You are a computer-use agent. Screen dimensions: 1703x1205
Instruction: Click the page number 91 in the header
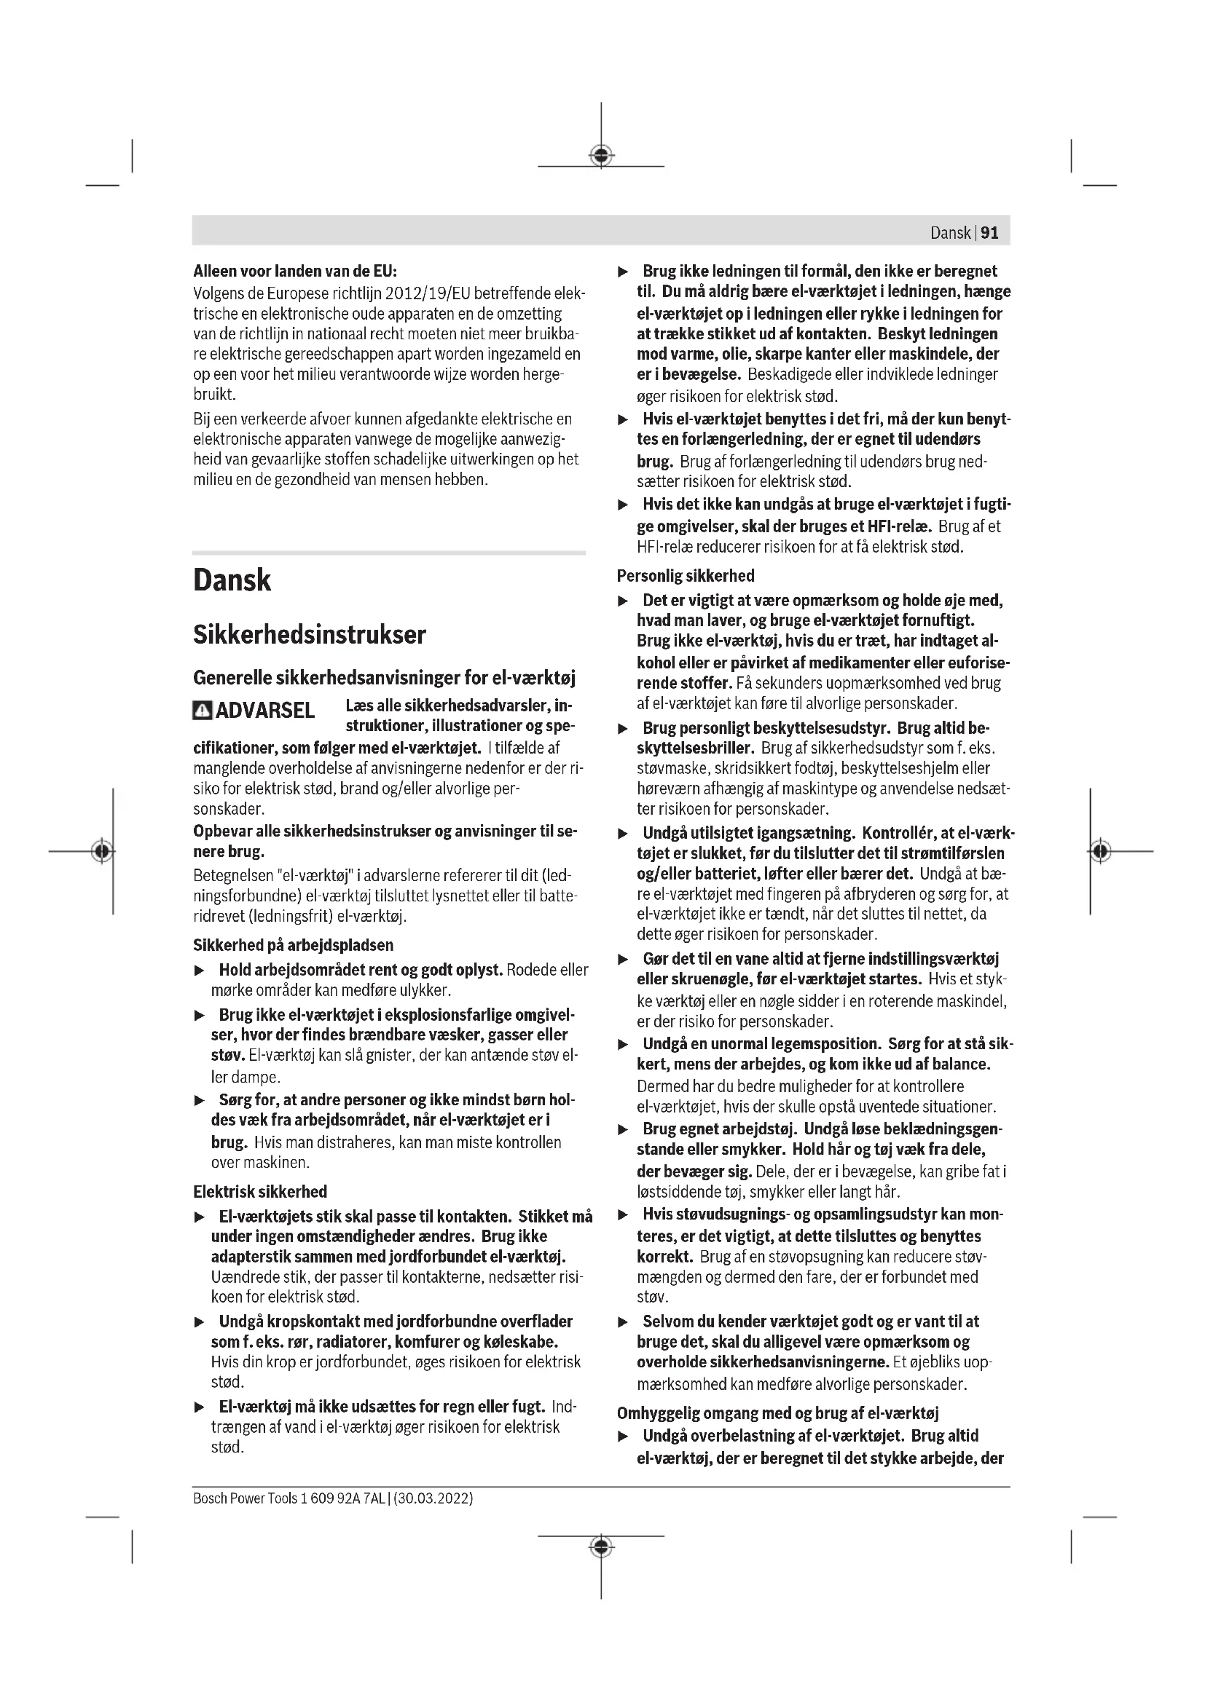click(990, 233)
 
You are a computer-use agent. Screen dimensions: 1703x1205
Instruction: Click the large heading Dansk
click(232, 580)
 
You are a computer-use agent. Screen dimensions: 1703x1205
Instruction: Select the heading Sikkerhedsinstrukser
click(310, 635)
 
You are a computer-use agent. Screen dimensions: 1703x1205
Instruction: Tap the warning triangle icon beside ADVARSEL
click(201, 711)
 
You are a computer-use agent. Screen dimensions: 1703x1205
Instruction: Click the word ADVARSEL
click(265, 711)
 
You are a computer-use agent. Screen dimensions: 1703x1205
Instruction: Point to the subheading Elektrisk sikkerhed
click(259, 1192)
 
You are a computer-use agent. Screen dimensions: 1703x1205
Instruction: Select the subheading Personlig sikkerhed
click(686, 576)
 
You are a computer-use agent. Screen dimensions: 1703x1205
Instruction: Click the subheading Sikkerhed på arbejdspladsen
click(293, 945)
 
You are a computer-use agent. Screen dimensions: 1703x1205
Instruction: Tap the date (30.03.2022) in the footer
click(433, 1498)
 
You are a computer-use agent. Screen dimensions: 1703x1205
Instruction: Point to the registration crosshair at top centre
click(601, 155)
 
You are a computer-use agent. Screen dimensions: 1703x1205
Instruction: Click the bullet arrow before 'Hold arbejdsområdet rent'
click(199, 970)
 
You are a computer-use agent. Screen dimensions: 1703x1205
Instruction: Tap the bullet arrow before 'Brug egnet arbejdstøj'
click(624, 1131)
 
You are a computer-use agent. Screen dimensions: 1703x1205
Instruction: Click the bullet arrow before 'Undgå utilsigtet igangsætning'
click(624, 834)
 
